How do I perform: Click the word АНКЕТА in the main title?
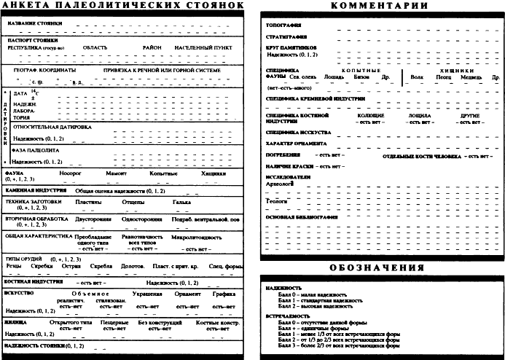point(31,7)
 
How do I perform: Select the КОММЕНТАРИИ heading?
point(380,7)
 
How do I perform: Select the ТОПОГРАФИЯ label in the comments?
point(286,26)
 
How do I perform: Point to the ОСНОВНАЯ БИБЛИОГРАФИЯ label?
point(300,216)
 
